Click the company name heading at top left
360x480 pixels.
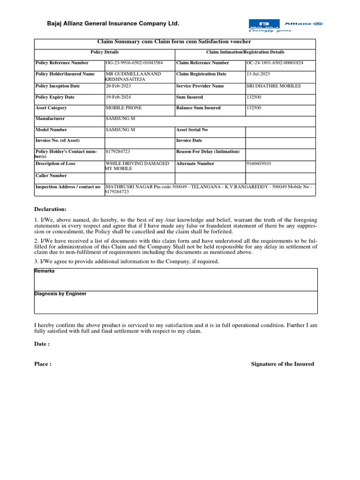tap(112, 23)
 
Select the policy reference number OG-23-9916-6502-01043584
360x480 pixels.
tap(135, 63)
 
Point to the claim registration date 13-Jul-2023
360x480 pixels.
tap(258, 74)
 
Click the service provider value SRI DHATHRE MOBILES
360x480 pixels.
tap(274, 86)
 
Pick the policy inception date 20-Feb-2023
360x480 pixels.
tap(119, 86)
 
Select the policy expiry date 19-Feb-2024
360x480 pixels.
tap(119, 97)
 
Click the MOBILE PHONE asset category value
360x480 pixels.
tap(124, 108)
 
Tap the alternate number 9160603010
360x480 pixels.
tap(259, 164)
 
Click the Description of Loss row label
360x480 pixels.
tap(55, 164)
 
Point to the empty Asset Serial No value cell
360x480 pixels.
tap(280, 132)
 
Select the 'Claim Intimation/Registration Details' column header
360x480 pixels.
tap(245, 52)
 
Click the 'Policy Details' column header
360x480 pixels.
tap(105, 52)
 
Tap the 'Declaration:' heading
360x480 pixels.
tap(51, 209)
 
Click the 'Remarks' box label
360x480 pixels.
tap(45, 271)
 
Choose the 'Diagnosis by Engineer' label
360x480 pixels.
tap(60, 294)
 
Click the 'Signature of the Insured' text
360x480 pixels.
tap(283, 364)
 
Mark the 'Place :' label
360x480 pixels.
tap(43, 364)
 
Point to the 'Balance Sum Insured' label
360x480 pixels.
tap(198, 108)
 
